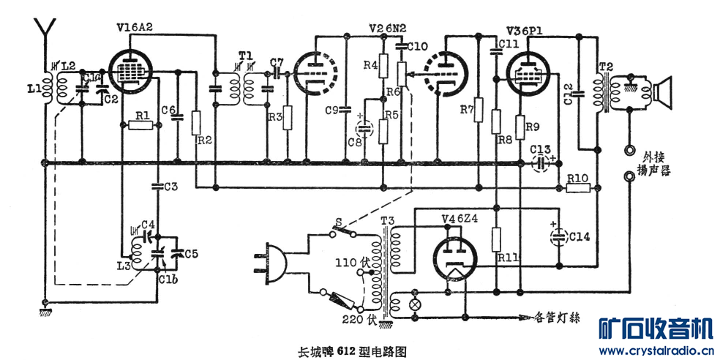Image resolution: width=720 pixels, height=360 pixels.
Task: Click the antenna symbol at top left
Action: (x=45, y=31)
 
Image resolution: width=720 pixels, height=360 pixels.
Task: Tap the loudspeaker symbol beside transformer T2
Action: (x=662, y=92)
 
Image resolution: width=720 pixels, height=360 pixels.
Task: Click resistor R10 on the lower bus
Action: (x=578, y=188)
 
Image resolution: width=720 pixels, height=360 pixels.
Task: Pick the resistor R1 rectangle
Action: (x=140, y=125)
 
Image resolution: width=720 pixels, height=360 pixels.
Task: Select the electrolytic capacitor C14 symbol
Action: (x=558, y=236)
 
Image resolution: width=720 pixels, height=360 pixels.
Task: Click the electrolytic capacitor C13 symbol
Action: (x=540, y=162)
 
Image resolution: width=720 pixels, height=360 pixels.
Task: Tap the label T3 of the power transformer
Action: (x=386, y=221)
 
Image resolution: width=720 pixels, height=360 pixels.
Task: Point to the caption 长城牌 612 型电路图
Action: (x=353, y=350)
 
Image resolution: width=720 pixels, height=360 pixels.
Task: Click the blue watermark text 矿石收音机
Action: (x=656, y=329)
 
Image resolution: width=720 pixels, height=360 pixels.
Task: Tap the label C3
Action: (x=170, y=187)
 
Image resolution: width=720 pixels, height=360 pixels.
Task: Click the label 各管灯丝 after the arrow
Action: (x=558, y=318)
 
